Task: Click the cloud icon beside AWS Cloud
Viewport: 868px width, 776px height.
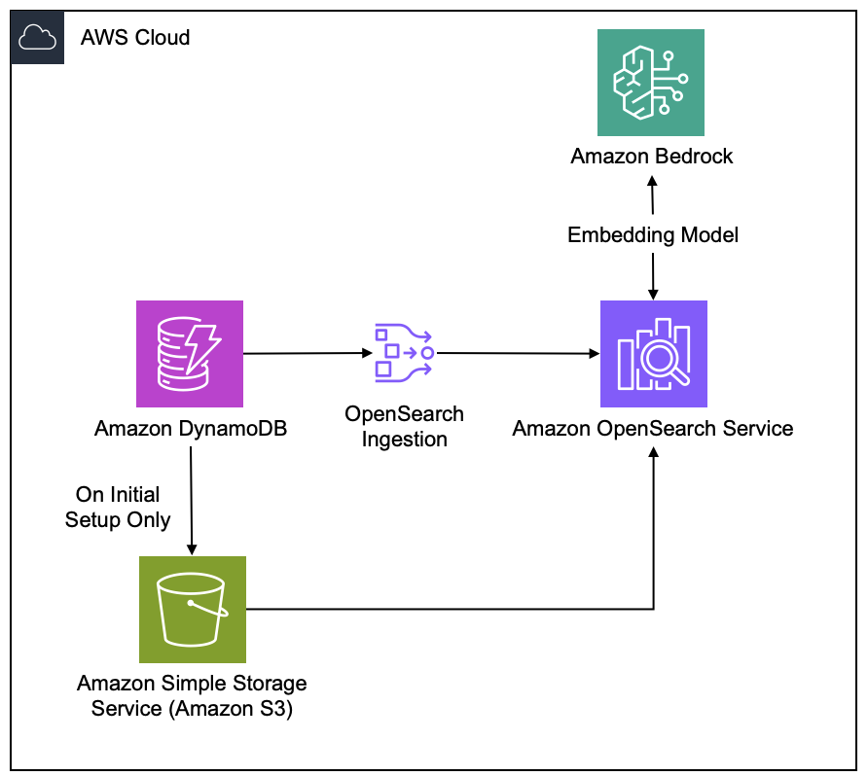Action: tap(37, 39)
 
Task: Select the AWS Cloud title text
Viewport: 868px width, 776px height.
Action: tap(134, 38)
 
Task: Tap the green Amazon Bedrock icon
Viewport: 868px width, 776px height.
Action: tap(651, 83)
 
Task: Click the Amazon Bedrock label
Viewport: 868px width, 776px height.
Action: tap(652, 156)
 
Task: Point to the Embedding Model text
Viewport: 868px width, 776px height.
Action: tap(652, 234)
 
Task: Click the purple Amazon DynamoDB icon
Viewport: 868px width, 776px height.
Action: tap(190, 353)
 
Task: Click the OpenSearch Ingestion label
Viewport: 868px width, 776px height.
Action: tap(404, 426)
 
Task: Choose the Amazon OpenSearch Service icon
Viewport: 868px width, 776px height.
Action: tap(653, 353)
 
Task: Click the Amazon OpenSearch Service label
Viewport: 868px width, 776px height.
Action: tap(653, 428)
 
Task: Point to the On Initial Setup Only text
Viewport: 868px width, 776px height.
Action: tap(118, 508)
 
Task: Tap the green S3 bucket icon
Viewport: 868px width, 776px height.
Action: tap(192, 610)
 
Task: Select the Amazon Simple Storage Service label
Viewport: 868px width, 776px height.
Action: tap(192, 696)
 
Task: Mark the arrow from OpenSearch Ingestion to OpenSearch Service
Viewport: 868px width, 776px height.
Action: tap(516, 353)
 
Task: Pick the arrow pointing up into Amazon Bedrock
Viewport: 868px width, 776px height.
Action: tap(652, 194)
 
